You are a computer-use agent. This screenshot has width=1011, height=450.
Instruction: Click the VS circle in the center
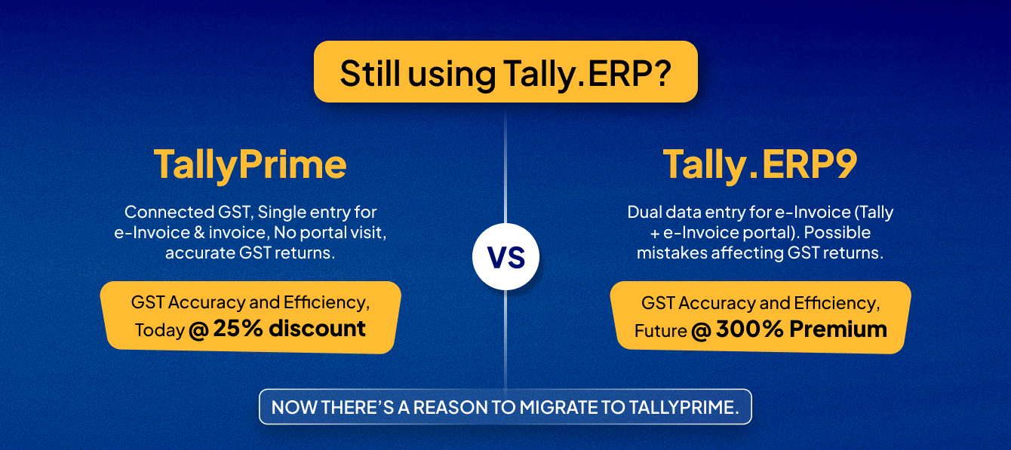(505, 256)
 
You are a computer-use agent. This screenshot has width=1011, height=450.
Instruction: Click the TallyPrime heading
(250, 165)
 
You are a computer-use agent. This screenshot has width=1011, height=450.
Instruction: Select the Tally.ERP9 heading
(760, 165)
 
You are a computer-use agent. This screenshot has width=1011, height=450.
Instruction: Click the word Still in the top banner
(370, 73)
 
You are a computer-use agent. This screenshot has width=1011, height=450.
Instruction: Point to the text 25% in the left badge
(238, 328)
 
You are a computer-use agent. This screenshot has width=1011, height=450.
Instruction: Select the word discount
(318, 328)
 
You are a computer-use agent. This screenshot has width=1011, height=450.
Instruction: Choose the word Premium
(838, 329)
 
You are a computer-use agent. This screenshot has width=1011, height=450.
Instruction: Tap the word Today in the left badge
(160, 330)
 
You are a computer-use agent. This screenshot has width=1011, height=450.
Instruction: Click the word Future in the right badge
(661, 331)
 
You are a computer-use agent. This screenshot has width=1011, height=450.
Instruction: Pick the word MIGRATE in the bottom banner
(560, 407)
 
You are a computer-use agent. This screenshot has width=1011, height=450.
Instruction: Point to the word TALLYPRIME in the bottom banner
(684, 407)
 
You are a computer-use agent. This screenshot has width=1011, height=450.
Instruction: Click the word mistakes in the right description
(672, 253)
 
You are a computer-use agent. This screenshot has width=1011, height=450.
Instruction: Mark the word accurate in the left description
(200, 253)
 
